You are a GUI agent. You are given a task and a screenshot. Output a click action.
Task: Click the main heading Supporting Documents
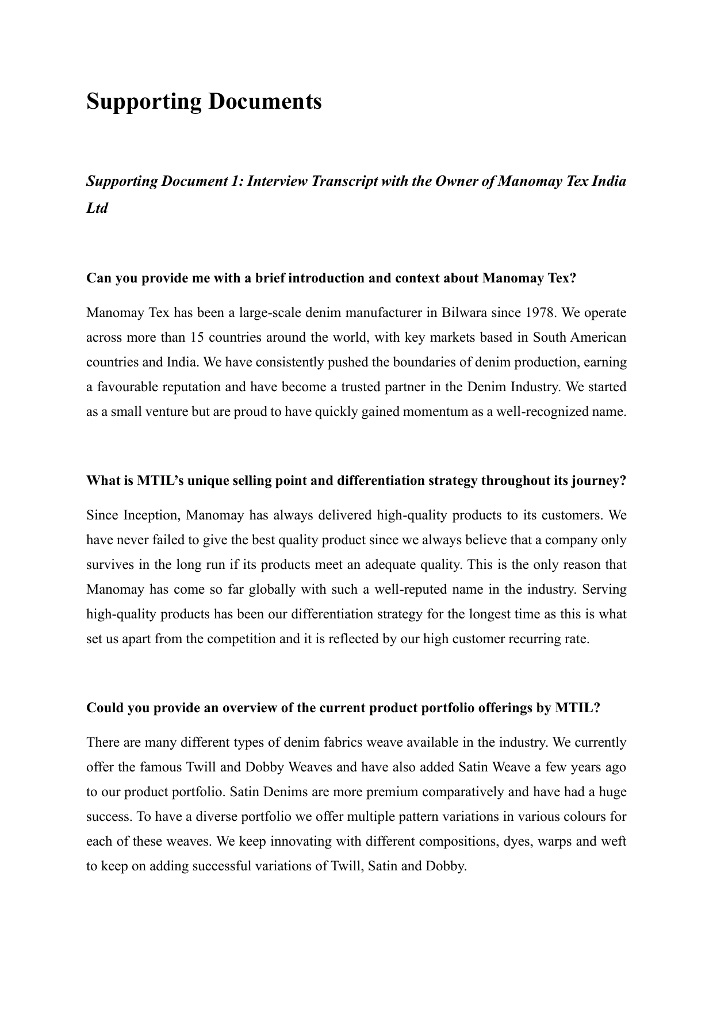[204, 102]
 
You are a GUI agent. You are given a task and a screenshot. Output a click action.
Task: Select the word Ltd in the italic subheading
[97, 208]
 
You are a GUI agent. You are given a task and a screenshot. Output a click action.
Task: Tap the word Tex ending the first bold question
[564, 278]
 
